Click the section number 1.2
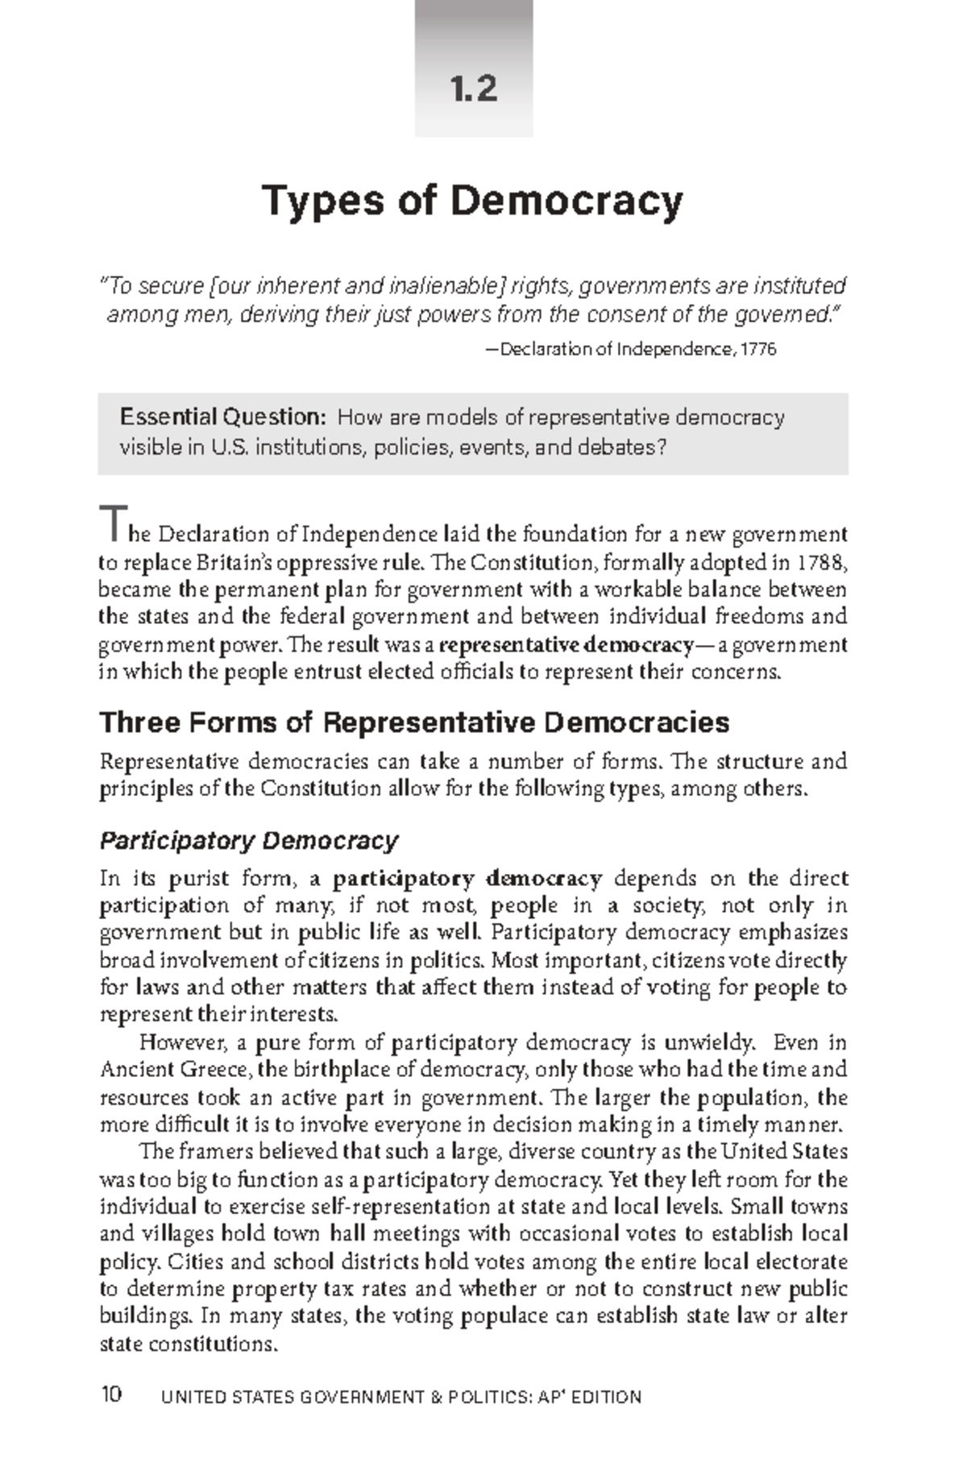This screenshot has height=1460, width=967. pyautogui.click(x=474, y=89)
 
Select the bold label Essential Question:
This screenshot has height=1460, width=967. pyautogui.click(x=222, y=417)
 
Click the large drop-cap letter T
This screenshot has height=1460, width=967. pyautogui.click(x=110, y=525)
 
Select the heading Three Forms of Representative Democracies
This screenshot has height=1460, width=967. pyautogui.click(x=414, y=722)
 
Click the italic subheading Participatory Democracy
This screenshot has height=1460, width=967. pyautogui.click(x=249, y=841)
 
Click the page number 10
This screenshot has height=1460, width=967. pyautogui.click(x=111, y=1394)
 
